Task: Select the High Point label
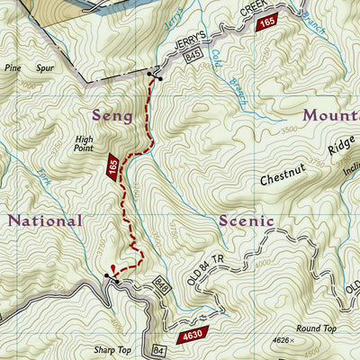point(85,144)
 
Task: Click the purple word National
point(45,220)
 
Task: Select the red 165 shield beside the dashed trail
point(112,166)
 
